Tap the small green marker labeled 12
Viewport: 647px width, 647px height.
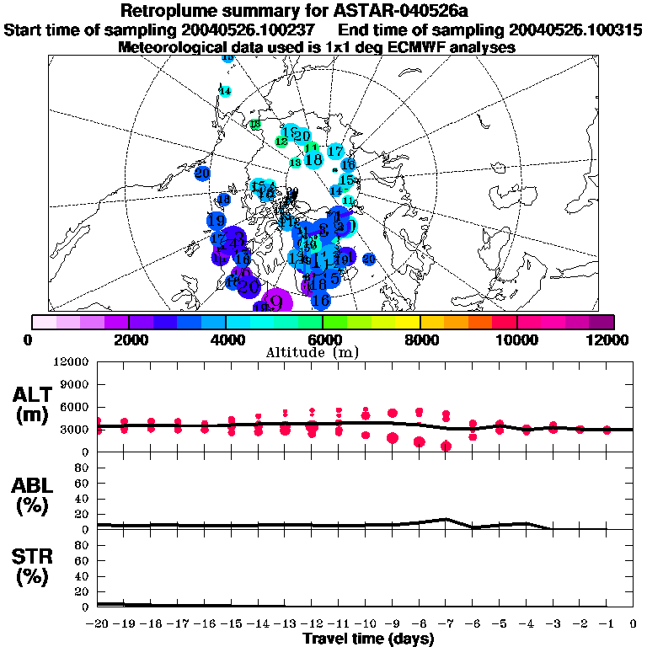click(x=281, y=142)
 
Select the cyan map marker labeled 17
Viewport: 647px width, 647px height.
click(x=335, y=152)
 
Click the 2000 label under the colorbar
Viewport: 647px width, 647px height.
click(x=127, y=340)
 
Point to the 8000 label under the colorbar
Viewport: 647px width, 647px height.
click(x=420, y=340)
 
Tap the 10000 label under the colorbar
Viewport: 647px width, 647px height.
click(x=516, y=340)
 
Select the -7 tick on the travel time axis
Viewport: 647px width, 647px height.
click(x=446, y=623)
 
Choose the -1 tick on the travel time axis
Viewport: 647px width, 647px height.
click(x=607, y=623)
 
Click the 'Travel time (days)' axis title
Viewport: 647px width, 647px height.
click(x=368, y=639)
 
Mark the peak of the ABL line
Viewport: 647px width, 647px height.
click(x=446, y=519)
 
